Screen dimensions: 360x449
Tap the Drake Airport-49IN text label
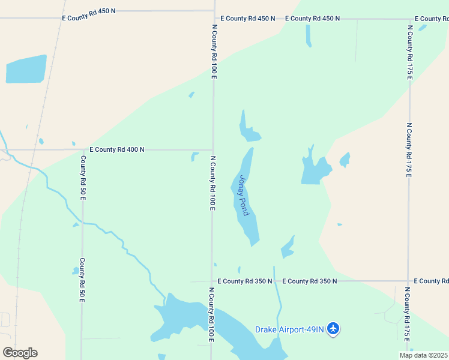pos(289,329)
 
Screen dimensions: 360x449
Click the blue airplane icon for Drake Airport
pos(334,329)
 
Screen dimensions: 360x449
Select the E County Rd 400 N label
pos(117,149)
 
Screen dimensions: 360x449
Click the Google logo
pos(20,353)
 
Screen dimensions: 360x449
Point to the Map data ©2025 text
pos(423,355)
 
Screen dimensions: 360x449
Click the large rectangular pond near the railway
pos(26,69)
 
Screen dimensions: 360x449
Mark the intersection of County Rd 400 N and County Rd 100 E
pos(213,149)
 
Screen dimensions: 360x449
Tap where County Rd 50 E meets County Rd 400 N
pos(82,149)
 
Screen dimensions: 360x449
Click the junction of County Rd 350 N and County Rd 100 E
pos(211,281)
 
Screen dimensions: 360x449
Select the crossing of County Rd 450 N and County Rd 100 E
pos(214,18)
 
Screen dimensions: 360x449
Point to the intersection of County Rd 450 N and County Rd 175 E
pos(409,19)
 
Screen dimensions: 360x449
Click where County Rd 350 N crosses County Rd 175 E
pos(409,281)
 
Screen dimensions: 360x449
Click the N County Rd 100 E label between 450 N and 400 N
pos(214,52)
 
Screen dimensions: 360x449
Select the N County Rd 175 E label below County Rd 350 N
pos(408,318)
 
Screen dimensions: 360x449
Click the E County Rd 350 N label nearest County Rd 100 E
pos(245,281)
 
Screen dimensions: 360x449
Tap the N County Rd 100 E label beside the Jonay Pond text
pos(212,183)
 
